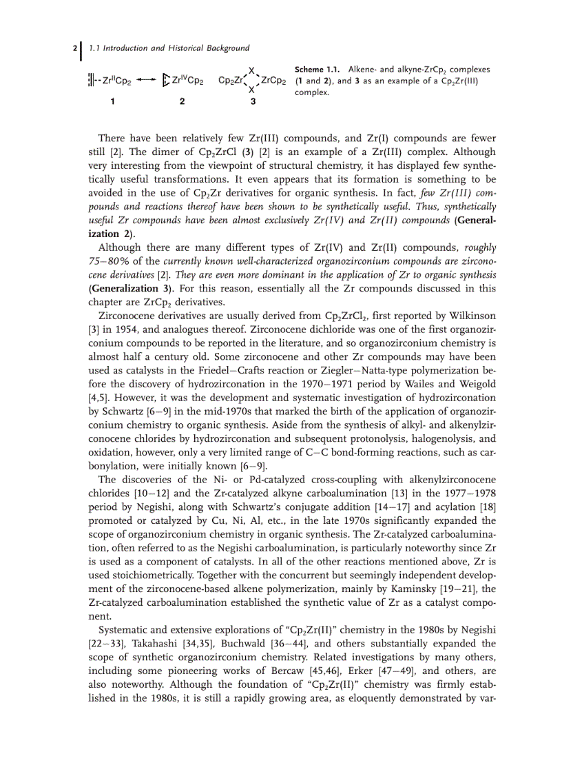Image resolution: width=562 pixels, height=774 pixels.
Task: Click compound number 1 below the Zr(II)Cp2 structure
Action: pyautogui.click(x=112, y=101)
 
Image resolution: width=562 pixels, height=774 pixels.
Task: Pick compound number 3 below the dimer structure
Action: pyautogui.click(x=253, y=101)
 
